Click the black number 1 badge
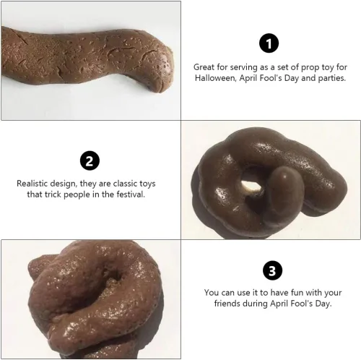(x=269, y=43)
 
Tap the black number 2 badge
(x=90, y=160)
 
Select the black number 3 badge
(x=272, y=270)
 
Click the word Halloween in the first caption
(x=215, y=78)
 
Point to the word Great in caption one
(x=204, y=67)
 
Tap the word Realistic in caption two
(x=32, y=184)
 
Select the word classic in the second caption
(x=125, y=184)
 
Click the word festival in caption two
(x=131, y=194)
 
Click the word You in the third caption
(x=212, y=293)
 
